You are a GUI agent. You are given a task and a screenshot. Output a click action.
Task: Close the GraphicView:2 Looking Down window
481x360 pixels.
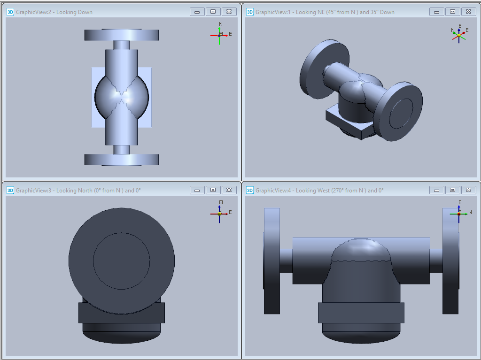click(x=229, y=12)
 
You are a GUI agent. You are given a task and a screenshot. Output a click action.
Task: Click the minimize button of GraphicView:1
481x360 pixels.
click(x=436, y=12)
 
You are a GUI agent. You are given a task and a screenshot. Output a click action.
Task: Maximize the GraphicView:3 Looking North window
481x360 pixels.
click(x=213, y=190)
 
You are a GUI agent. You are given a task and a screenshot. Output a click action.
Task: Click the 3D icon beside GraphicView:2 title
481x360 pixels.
click(x=10, y=12)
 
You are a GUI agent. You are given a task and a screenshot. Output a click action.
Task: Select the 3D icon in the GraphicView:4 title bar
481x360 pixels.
click(x=250, y=191)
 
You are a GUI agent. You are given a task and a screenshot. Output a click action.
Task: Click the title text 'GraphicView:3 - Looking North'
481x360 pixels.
click(x=54, y=191)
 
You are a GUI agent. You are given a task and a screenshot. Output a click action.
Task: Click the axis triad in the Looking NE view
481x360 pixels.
click(x=459, y=34)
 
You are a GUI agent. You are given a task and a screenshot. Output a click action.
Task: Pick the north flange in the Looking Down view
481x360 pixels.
click(x=122, y=35)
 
